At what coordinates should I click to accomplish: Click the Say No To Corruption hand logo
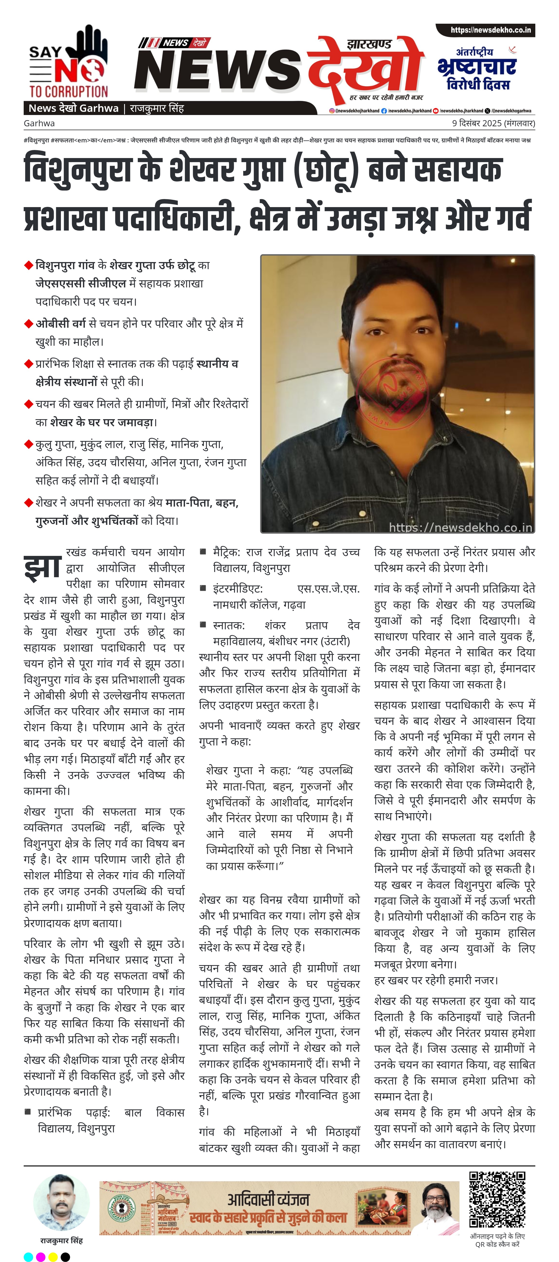[x=69, y=61]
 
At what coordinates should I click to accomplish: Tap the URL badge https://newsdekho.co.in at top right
[x=485, y=30]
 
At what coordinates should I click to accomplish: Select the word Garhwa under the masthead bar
[x=39, y=123]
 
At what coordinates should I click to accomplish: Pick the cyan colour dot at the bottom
[x=28, y=1257]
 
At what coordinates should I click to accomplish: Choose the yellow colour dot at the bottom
[x=53, y=1257]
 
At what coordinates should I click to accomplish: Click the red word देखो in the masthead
[x=365, y=66]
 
